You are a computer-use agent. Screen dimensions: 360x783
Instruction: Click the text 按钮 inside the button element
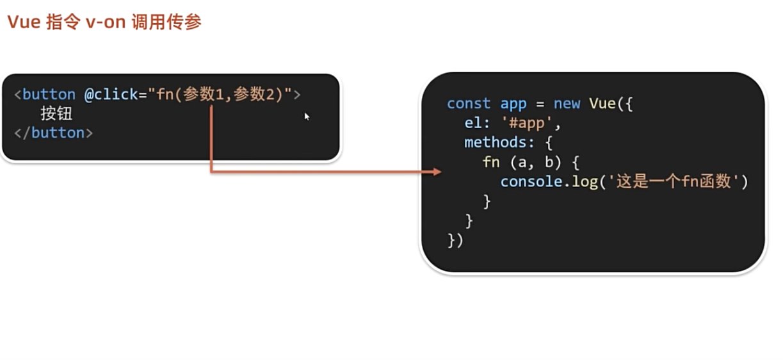(56, 114)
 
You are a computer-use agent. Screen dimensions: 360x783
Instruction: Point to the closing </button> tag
(53, 133)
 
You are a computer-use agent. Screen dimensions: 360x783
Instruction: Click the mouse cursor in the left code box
(307, 116)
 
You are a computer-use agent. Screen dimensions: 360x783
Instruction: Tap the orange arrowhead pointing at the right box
(437, 172)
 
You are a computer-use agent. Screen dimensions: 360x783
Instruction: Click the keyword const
(469, 104)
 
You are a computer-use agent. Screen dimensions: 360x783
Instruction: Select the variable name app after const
(513, 104)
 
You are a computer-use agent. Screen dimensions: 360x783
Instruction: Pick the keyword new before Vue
(566, 104)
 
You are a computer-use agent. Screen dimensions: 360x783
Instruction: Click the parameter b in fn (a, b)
(549, 162)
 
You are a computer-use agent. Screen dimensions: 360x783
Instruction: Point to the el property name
(474, 123)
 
